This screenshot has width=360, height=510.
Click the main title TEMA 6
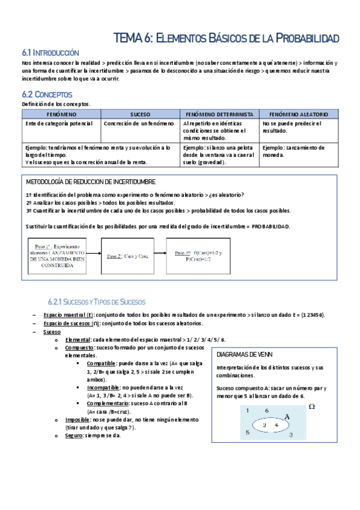click(226, 38)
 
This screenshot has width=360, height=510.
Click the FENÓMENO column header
click(61, 114)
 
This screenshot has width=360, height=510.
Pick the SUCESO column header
click(140, 114)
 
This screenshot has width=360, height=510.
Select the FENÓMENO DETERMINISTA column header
click(219, 114)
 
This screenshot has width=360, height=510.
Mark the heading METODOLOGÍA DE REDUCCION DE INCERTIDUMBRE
click(91, 182)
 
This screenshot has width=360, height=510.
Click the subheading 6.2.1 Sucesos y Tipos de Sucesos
click(96, 301)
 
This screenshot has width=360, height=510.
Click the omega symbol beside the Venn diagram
click(311, 407)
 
